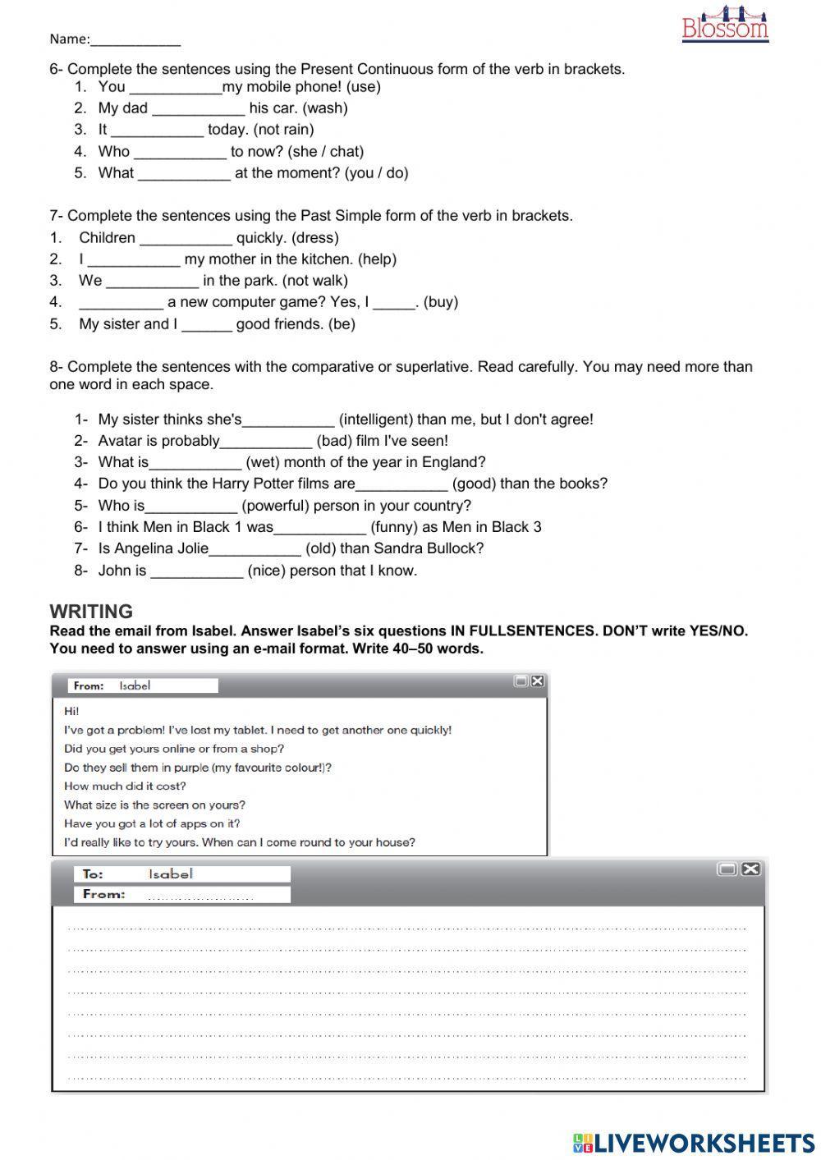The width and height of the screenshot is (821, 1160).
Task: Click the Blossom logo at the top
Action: point(725,25)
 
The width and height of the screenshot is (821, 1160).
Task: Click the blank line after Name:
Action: point(135,40)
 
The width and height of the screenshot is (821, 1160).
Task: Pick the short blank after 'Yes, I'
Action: point(393,304)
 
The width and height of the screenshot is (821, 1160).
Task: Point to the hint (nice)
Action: point(266,571)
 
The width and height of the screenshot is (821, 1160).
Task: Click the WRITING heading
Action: point(91,612)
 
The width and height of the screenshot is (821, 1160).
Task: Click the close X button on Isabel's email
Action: point(537,681)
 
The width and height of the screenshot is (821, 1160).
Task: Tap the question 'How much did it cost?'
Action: point(125,786)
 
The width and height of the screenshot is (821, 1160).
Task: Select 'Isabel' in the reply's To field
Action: point(171,874)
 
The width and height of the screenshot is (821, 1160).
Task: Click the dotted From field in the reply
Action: point(200,896)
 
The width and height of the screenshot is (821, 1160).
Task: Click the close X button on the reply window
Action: point(750,869)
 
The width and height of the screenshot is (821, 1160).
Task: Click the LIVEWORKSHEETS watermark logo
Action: point(693,1142)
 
